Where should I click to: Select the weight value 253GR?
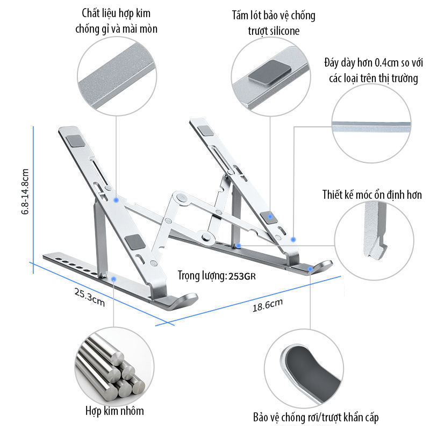243,276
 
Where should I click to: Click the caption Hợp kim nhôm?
114,411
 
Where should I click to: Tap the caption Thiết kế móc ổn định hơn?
372,195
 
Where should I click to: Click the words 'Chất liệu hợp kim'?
116,13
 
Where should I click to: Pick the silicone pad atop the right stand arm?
205,130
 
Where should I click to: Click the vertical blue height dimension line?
33,193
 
